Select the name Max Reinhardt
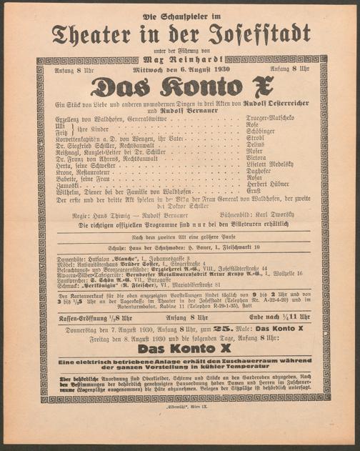pyautogui.click(x=180, y=59)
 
